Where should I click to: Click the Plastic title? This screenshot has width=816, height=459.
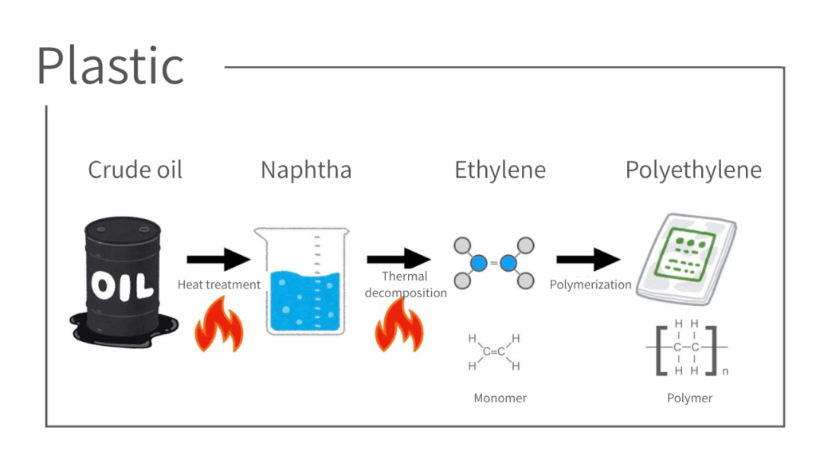110,65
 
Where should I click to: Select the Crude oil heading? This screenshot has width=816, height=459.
135,170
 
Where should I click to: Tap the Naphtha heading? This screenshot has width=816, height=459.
305,170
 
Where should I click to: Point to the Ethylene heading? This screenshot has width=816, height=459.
500,170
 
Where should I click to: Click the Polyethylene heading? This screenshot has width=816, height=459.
693,170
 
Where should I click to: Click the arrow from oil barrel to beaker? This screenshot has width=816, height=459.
218,259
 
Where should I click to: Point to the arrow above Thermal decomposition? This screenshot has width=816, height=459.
398,259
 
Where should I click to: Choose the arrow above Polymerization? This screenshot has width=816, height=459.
588,259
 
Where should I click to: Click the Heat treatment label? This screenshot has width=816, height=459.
218,284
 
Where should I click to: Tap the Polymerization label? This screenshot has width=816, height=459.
590,284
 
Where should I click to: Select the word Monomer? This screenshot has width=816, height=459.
500,398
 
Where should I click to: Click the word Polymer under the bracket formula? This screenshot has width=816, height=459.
689,398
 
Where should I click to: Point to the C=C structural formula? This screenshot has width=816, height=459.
494,352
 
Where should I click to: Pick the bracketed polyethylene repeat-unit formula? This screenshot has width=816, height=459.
687,347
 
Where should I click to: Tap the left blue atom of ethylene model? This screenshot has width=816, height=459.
478,262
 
